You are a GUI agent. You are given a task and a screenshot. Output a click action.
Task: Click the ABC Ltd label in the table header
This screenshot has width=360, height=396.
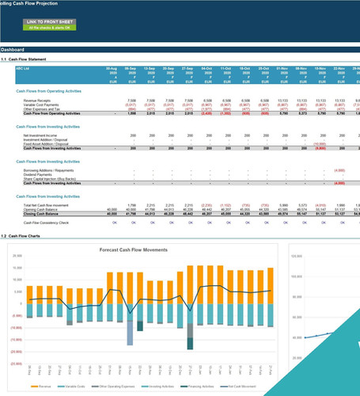pos(24,69)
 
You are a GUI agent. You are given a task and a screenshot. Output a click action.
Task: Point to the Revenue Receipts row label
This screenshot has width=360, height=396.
pos(38,101)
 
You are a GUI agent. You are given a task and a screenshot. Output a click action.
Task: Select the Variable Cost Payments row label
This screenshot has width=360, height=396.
pos(41,105)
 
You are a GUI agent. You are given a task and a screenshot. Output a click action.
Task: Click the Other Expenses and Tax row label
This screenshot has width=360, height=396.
pos(42,109)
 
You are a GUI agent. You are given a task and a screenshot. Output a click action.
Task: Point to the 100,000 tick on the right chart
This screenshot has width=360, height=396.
pos(300,277)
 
